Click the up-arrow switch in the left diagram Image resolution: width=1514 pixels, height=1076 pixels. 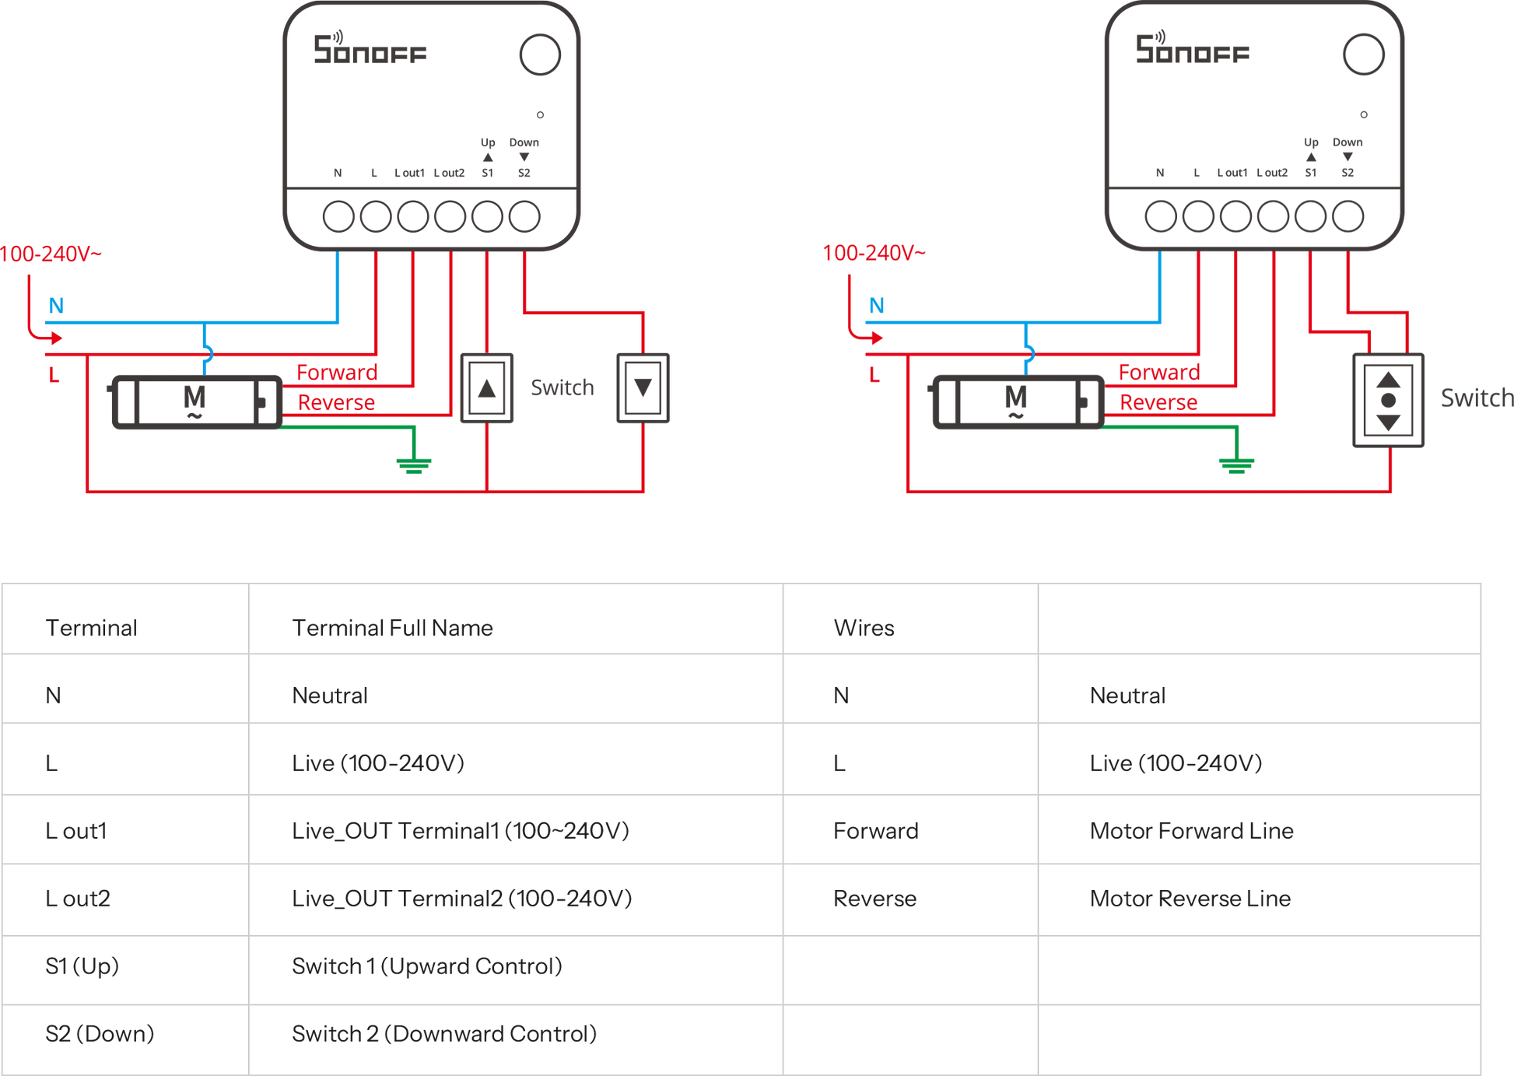(487, 388)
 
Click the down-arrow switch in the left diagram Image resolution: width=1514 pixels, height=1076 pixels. (643, 388)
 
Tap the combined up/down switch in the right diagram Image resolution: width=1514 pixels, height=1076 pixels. (1388, 400)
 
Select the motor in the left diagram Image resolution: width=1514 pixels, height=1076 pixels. (196, 401)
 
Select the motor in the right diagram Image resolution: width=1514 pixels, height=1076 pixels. (1018, 401)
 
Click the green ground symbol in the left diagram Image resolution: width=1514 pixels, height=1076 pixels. (414, 464)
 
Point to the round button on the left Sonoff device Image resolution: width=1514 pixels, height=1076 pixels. (540, 54)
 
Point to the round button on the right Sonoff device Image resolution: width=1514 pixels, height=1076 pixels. (1363, 54)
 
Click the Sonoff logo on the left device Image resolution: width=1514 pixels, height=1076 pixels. (370, 50)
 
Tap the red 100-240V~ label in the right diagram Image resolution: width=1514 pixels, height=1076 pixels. (874, 254)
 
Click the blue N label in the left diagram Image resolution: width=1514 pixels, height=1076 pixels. (56, 305)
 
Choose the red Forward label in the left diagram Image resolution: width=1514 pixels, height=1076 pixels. (337, 373)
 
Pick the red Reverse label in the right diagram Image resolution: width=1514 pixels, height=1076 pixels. (1159, 403)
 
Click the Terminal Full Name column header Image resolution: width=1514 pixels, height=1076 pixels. (392, 628)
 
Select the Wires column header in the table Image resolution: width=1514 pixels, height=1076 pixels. (864, 628)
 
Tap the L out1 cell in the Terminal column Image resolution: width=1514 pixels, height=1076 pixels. (76, 831)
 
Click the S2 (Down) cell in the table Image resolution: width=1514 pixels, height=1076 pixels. (100, 1034)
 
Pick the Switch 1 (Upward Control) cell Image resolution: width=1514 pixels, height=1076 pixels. (427, 966)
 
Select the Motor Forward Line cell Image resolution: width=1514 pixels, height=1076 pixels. (1192, 831)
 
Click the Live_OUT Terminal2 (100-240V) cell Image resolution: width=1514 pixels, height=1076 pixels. (461, 899)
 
